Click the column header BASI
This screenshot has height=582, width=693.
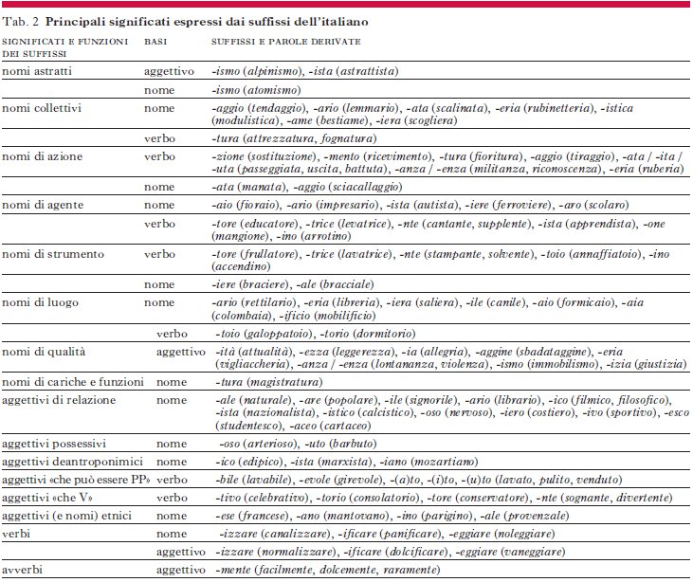pos(155,42)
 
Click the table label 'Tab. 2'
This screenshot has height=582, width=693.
pos(20,22)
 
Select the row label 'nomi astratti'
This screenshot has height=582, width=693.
pos(37,71)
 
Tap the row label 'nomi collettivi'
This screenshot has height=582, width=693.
pos(42,108)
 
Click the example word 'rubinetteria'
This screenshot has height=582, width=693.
pos(558,108)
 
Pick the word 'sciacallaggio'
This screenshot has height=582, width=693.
pos(365,187)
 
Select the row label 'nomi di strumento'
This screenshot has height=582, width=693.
pos(53,254)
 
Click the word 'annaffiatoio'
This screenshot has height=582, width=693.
pos(606,254)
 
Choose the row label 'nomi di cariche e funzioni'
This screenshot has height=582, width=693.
pos(73,382)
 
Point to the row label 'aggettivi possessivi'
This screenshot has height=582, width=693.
pos(54,444)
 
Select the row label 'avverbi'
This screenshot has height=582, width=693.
pos(22,570)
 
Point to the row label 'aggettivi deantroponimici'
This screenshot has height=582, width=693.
pos(72,462)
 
